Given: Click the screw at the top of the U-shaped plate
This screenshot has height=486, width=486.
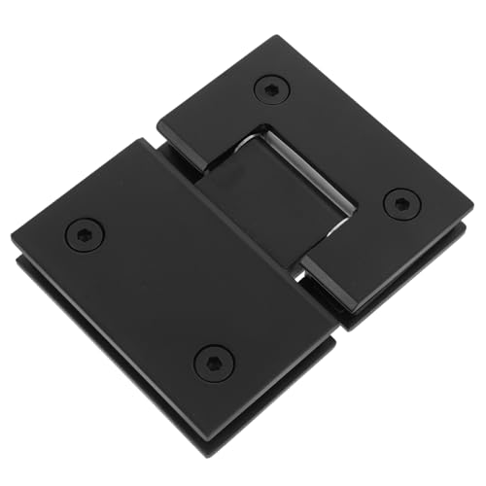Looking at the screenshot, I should tap(271, 89).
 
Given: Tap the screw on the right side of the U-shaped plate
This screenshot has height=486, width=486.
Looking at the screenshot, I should tap(400, 204).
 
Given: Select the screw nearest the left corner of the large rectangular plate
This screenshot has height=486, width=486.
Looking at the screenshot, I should tap(84, 234).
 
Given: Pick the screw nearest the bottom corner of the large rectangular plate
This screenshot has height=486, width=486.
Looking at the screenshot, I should tap(213, 364).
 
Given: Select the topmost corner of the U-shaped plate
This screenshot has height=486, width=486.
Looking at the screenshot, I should tap(284, 39).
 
